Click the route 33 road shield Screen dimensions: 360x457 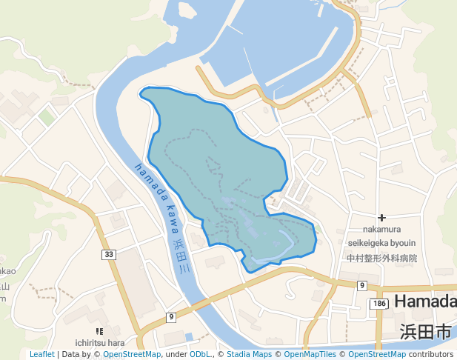tap(109, 255)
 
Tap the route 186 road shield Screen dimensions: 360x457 tap(378, 304)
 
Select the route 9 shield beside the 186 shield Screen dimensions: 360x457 tap(362, 286)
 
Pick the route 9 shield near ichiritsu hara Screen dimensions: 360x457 tap(171, 317)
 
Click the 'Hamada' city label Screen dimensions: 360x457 tap(425, 301)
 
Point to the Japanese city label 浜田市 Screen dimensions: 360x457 tap(425, 331)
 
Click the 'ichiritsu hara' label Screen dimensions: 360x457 tap(100, 343)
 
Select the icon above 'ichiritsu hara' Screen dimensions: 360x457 tap(99, 331)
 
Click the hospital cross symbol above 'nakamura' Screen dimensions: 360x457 tap(381, 218)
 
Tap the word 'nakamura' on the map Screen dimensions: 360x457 tap(381, 230)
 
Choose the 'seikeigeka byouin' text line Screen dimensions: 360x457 tap(381, 243)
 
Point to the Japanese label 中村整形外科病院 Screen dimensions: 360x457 tap(381, 259)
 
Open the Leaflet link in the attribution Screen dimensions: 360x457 tap(42, 354)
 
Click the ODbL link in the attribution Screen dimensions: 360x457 tap(200, 354)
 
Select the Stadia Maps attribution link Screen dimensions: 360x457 tap(249, 354)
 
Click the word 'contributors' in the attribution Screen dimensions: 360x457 tap(430, 354)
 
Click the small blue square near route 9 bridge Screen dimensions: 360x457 tap(188, 337)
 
